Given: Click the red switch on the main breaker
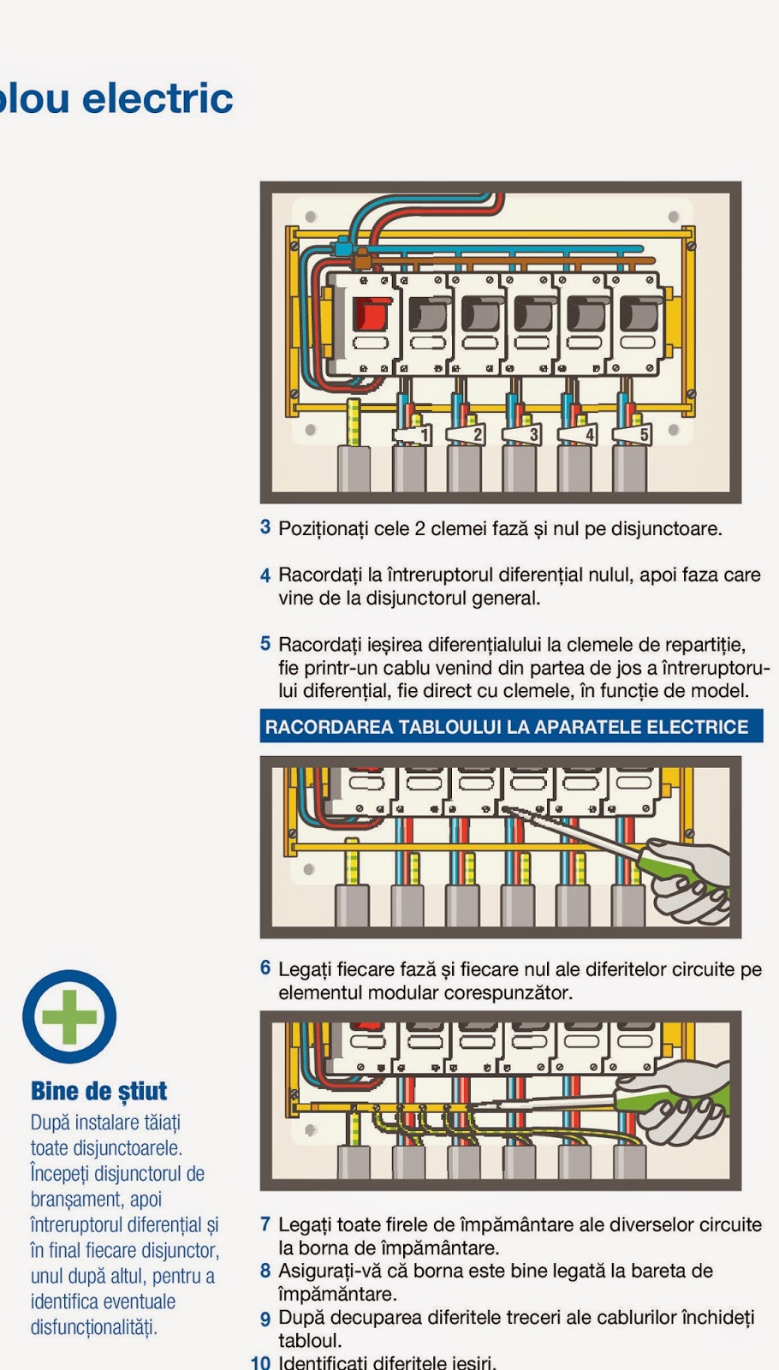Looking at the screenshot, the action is click(371, 314).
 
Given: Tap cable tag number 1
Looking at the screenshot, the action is click(423, 436).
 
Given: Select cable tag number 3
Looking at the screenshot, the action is click(533, 435).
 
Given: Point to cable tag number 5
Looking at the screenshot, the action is click(644, 435).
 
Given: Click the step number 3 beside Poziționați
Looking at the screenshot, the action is click(265, 527).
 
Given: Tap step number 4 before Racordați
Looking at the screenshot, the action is click(265, 575).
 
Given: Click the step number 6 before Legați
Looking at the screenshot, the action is click(265, 968).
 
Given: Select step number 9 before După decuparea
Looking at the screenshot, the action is click(265, 1319).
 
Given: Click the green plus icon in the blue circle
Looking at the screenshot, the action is click(69, 1016).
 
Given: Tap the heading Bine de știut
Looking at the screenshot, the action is click(98, 1091).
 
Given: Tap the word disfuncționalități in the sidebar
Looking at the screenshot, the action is click(94, 1327).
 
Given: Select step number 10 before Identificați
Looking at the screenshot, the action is click(260, 1361).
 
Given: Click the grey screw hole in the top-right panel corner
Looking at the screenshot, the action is click(674, 217).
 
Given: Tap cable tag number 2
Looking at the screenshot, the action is click(478, 435).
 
